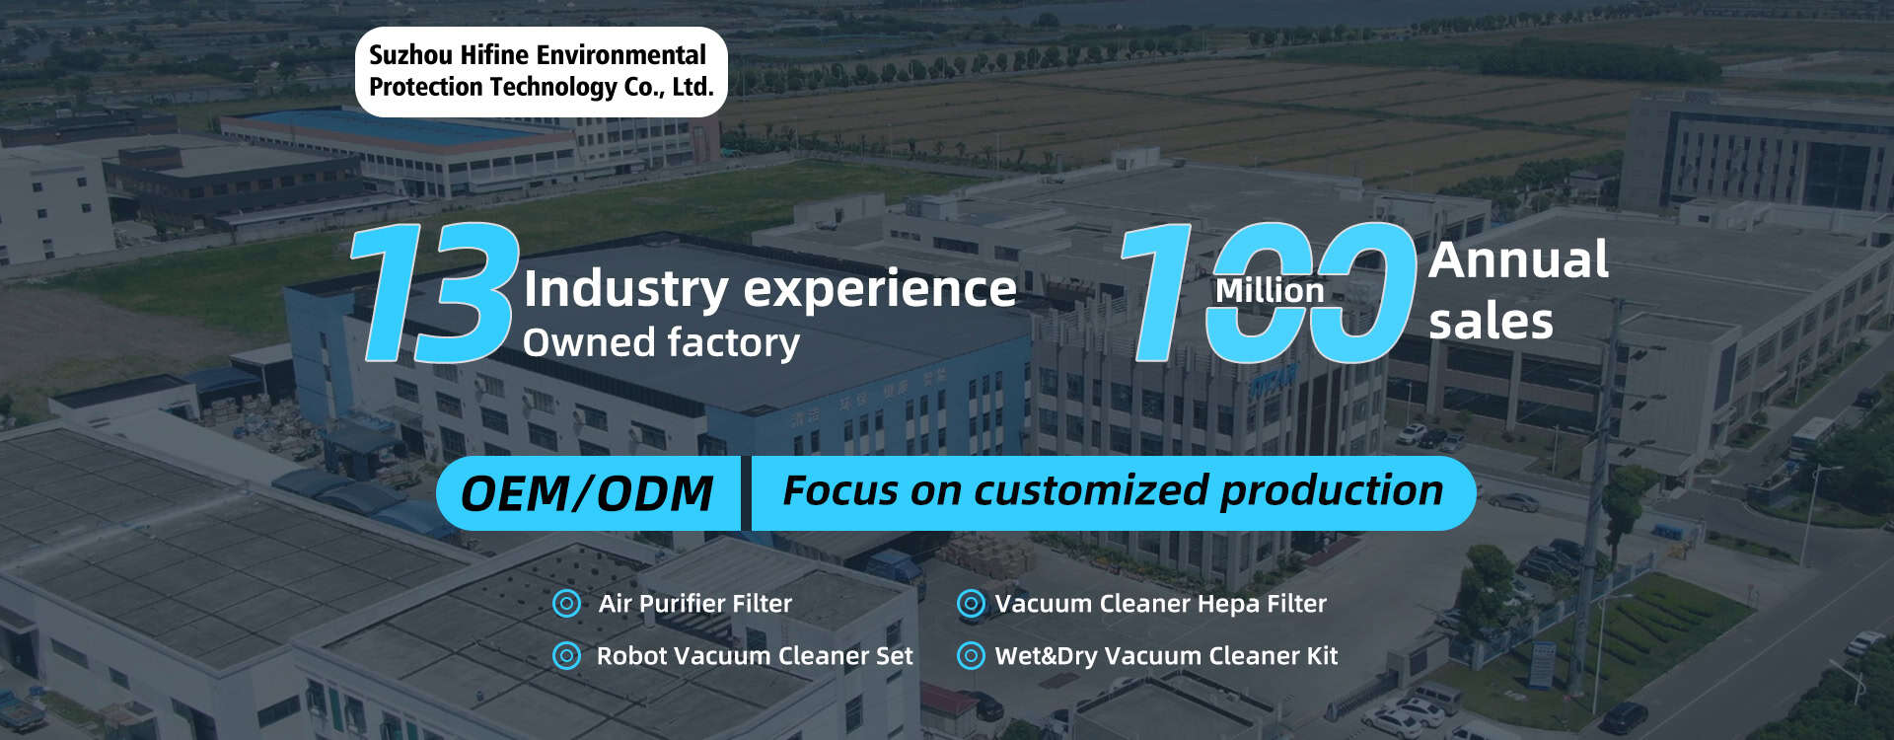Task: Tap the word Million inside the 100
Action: click(x=1270, y=291)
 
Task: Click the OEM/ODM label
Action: click(x=587, y=493)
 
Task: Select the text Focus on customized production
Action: click(x=1113, y=490)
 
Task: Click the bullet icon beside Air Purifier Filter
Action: click(x=566, y=603)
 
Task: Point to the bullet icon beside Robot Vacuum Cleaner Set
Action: click(x=566, y=655)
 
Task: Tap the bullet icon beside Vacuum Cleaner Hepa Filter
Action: click(x=971, y=603)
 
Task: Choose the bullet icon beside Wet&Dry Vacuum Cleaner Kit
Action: click(x=971, y=655)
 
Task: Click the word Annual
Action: click(x=1518, y=260)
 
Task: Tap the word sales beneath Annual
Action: click(x=1491, y=322)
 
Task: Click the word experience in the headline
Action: click(x=879, y=289)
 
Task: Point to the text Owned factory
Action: click(x=661, y=343)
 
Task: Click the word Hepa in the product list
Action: click(x=1231, y=604)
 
